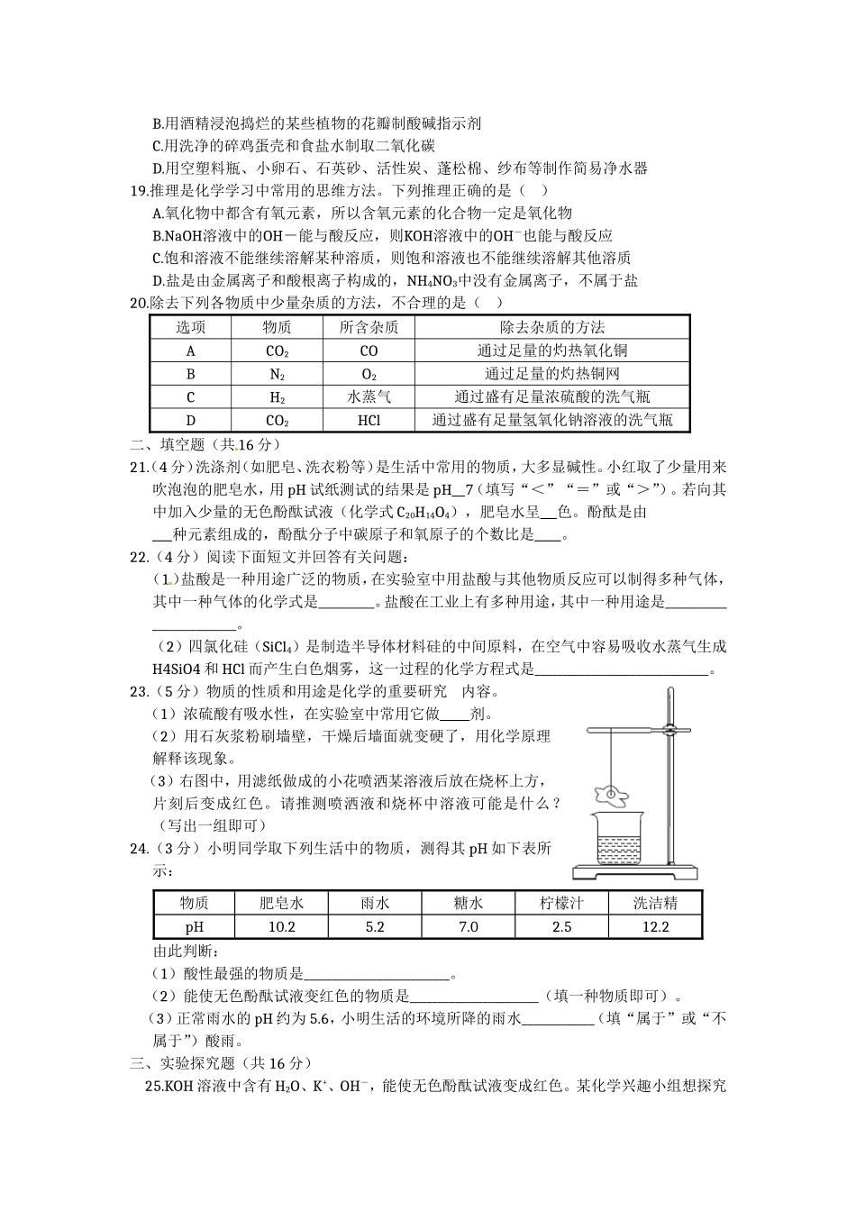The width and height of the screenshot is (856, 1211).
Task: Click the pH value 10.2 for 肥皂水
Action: [x=281, y=927]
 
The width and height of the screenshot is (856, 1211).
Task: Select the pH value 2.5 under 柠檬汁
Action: [x=561, y=927]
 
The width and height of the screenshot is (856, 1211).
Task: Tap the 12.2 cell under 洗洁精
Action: [x=654, y=927]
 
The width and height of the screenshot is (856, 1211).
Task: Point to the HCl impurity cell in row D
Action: [x=369, y=420]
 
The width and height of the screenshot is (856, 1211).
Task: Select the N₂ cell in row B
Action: [x=277, y=374]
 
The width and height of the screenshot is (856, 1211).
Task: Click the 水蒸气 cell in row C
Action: [x=369, y=396]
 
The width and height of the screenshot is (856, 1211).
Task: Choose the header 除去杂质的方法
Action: [x=551, y=327]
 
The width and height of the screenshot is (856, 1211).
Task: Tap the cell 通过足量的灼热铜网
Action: [x=551, y=374]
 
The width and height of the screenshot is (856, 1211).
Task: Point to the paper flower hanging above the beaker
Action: [x=612, y=794]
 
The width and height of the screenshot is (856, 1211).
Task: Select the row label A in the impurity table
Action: [x=190, y=351]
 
